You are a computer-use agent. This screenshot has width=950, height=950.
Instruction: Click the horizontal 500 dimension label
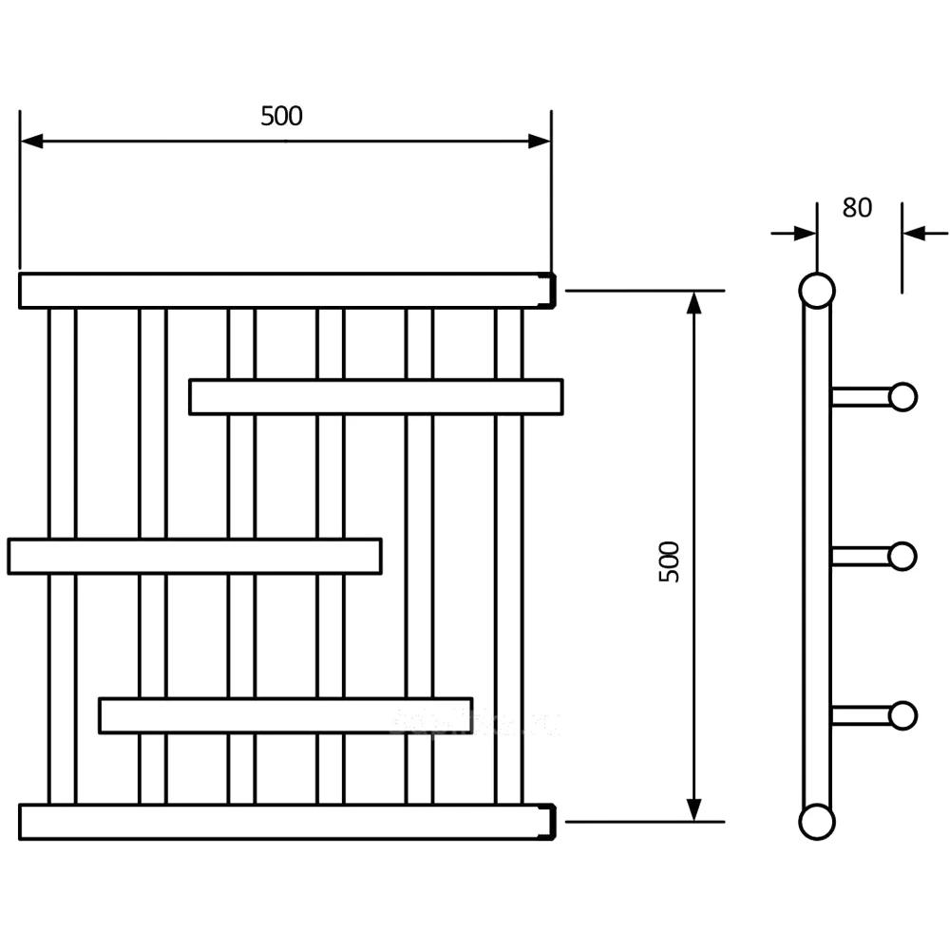281,116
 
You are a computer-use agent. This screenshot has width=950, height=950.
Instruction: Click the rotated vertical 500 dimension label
670,561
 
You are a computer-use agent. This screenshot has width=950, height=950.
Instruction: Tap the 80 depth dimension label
856,207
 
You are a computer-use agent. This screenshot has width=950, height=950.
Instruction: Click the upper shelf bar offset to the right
375,396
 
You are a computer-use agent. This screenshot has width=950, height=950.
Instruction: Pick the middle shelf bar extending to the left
195,556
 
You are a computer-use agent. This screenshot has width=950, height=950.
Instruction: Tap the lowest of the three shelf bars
285,715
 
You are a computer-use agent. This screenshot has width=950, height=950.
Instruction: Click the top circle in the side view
815,291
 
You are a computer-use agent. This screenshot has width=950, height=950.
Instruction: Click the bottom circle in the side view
815,822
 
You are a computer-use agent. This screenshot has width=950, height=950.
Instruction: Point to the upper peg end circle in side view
902,396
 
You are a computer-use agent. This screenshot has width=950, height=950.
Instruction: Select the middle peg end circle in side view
902,556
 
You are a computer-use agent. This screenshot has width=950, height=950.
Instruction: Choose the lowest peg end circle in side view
902,715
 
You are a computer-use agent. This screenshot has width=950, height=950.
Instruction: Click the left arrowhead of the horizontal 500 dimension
31,142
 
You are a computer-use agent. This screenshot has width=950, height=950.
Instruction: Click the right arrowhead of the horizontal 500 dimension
540,142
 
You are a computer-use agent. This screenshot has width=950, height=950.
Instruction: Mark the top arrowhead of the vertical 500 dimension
694,303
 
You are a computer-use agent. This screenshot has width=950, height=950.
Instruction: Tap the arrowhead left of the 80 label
805,232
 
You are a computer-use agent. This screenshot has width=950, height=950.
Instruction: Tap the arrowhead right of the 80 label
914,232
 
